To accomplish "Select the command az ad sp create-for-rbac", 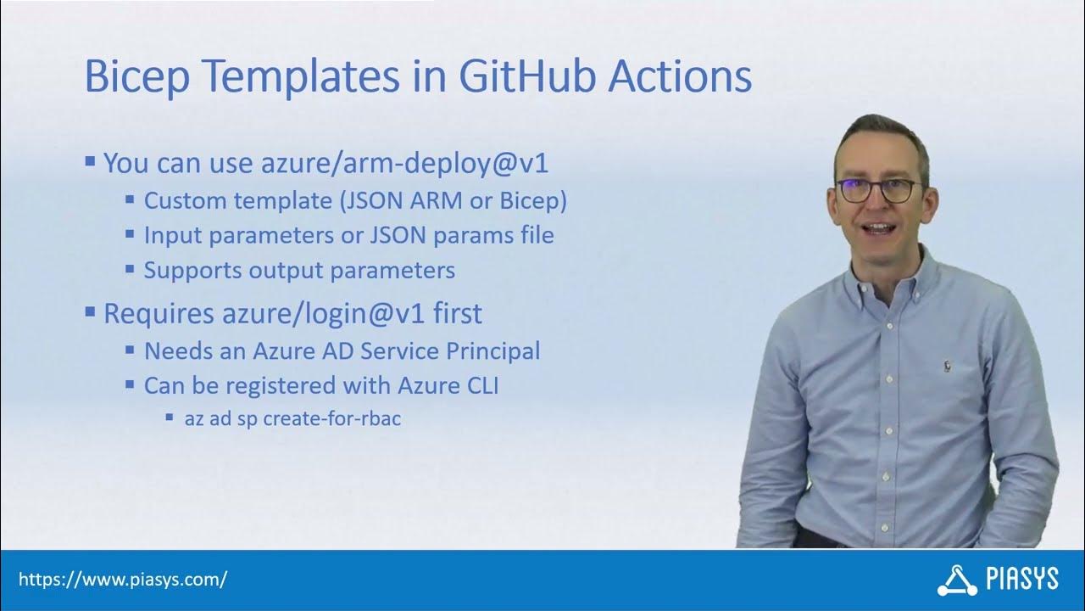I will click(x=292, y=418).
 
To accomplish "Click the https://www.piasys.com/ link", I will click(x=122, y=580).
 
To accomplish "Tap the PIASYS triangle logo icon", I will click(x=957, y=580).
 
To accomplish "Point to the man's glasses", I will click(x=879, y=190).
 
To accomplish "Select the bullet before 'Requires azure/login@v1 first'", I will click(x=90, y=311).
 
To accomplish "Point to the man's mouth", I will click(x=877, y=229).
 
